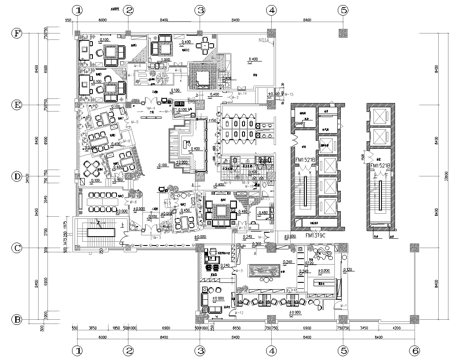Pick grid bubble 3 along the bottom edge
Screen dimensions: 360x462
coord(200,351)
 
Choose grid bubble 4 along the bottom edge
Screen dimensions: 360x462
coord(271,351)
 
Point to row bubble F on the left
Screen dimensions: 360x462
coord(15,32)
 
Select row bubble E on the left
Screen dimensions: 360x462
coord(15,104)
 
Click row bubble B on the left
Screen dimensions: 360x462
coord(15,319)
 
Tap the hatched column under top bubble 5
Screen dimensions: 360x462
coord(343,33)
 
